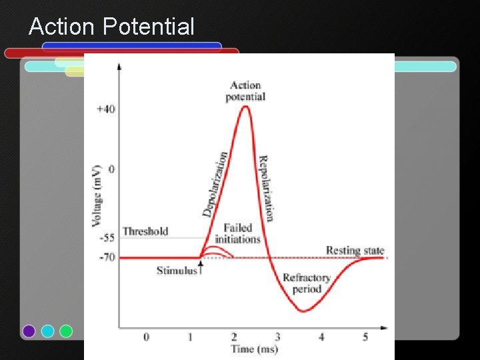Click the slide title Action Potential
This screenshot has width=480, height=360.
[x=111, y=27]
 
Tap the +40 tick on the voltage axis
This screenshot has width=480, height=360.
[x=106, y=109]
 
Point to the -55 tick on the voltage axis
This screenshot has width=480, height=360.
[x=107, y=237]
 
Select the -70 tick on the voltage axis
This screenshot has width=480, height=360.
[x=107, y=257]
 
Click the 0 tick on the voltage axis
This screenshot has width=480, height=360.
[x=111, y=169]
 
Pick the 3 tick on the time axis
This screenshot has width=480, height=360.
[x=277, y=337]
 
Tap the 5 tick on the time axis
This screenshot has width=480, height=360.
[x=365, y=337]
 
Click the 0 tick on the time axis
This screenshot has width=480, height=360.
[x=146, y=337]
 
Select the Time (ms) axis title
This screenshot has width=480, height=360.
[x=254, y=349]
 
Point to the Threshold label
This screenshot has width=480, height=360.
[x=145, y=231]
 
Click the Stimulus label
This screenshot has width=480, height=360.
[x=177, y=270]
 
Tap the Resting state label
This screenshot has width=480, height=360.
[x=355, y=251]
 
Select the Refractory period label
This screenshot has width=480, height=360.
[x=307, y=283]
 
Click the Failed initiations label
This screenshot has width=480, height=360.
[x=237, y=233]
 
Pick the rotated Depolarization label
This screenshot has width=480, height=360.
[x=215, y=183]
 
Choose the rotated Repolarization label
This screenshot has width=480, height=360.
[x=266, y=188]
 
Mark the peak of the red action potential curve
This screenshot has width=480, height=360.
[x=245, y=106]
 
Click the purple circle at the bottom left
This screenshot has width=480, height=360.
[x=29, y=331]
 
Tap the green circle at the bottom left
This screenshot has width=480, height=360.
[x=66, y=331]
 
